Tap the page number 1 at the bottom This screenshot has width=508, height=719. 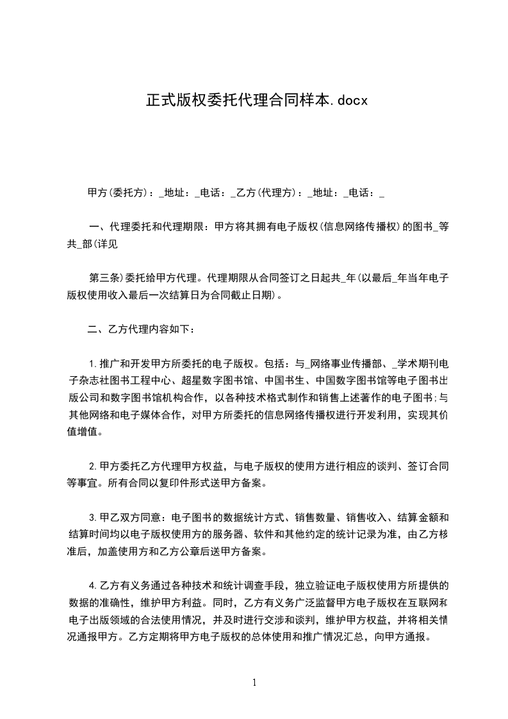(254, 682)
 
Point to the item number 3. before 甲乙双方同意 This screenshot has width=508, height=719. (92, 517)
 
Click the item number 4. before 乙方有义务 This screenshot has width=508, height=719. (92, 586)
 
